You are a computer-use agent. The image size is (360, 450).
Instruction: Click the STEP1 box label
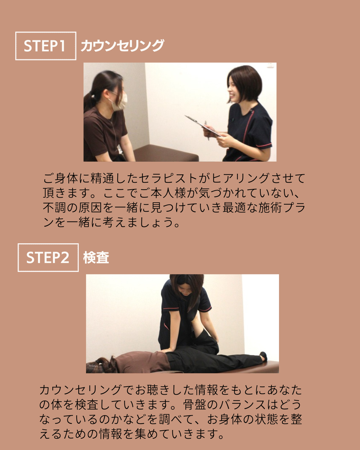[46, 46]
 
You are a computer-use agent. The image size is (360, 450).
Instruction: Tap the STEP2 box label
[48, 257]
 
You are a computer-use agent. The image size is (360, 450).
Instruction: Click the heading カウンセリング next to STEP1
[122, 45]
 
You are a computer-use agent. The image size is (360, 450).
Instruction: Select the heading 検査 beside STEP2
[96, 257]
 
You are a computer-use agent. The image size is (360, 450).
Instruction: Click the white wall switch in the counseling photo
[270, 65]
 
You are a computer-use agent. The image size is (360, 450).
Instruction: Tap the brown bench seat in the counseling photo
[166, 153]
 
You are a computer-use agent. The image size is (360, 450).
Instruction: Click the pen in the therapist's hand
[207, 130]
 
